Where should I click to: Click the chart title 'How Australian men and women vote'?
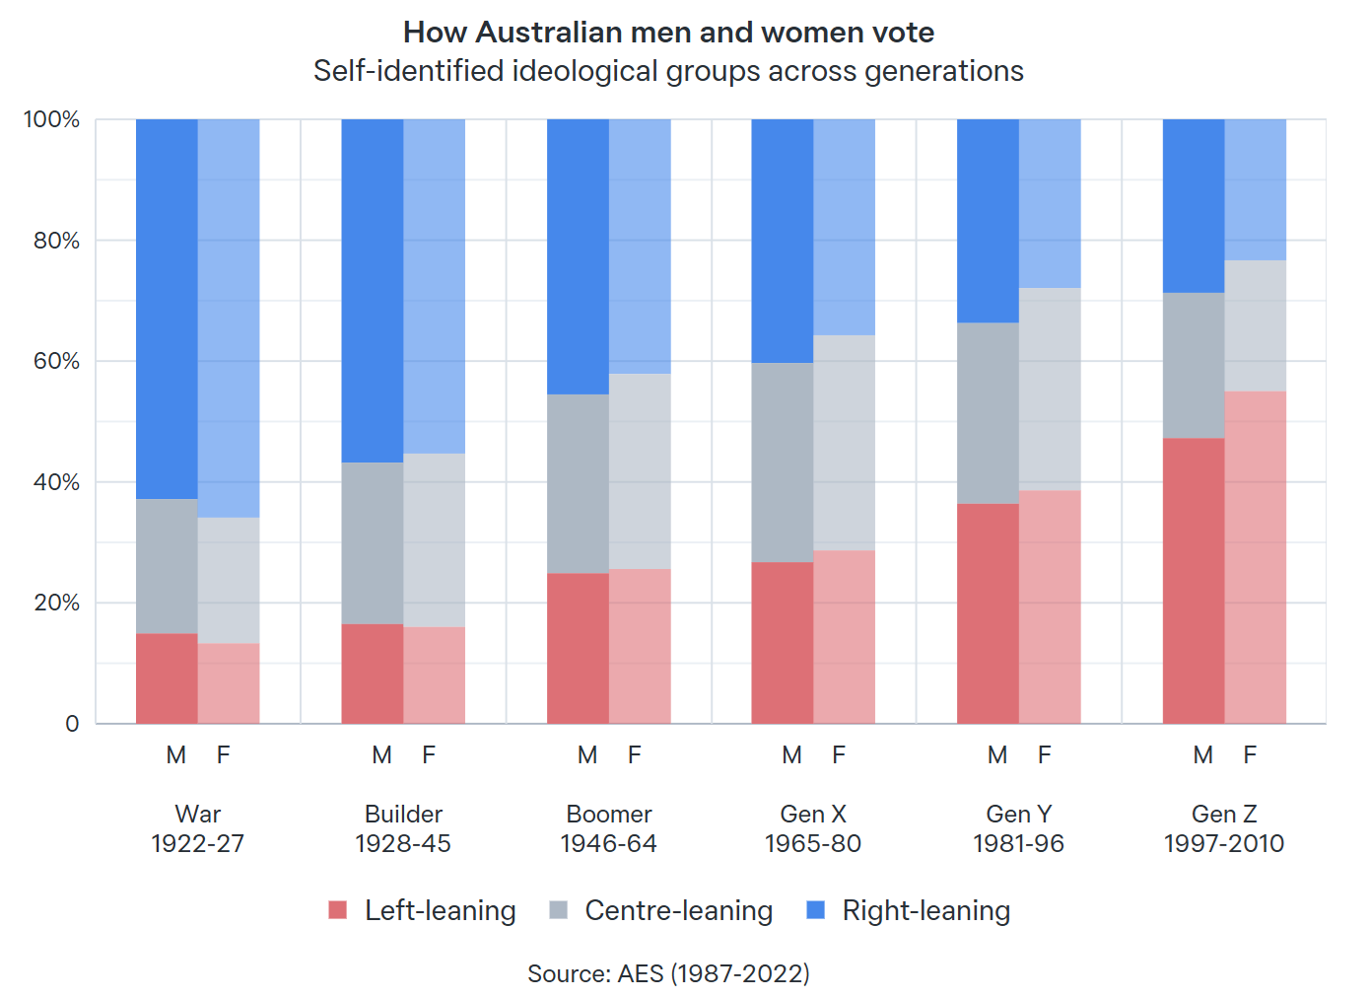(668, 33)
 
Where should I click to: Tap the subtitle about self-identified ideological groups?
(668, 71)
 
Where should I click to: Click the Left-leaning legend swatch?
(338, 910)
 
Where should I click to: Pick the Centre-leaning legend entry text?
(678, 910)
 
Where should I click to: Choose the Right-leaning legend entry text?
(925, 910)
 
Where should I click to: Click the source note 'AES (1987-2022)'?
(668, 973)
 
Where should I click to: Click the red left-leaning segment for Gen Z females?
(1256, 557)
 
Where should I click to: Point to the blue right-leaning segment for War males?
(167, 309)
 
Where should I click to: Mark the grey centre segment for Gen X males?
(783, 463)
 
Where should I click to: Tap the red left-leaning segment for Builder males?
(373, 674)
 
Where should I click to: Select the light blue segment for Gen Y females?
(1050, 203)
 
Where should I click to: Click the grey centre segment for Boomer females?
(640, 471)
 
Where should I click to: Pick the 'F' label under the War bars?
(224, 755)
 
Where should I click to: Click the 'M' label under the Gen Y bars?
(997, 755)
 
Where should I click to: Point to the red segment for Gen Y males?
(988, 613)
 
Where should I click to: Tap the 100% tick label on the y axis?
(51, 119)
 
